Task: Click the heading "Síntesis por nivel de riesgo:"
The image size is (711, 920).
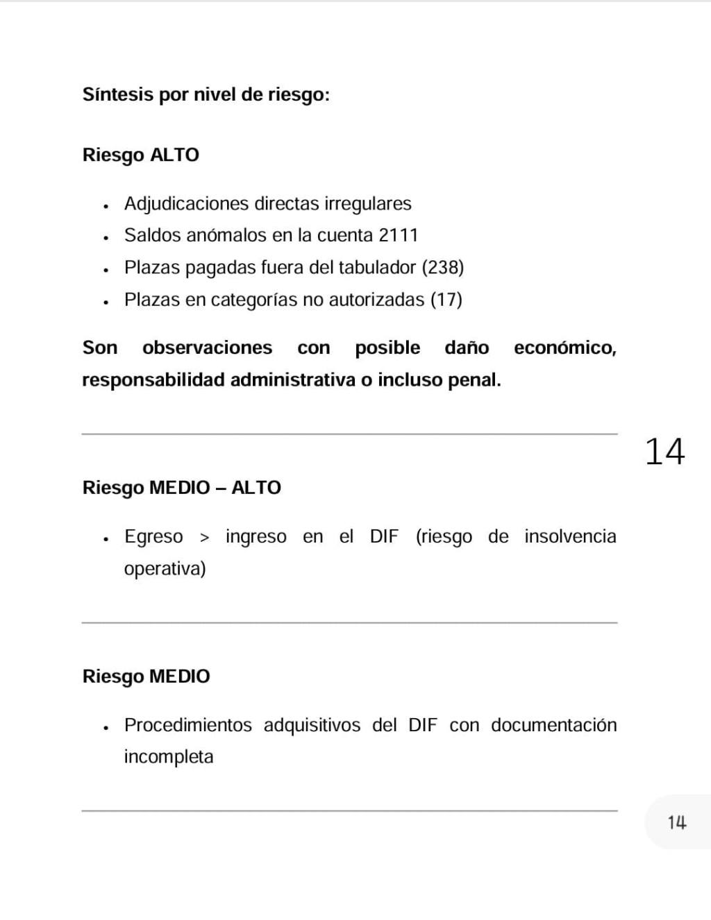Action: (x=206, y=94)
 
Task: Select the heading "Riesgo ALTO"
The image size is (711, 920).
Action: (x=140, y=155)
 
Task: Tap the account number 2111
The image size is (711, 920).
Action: (x=399, y=235)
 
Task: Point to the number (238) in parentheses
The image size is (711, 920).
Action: (x=443, y=267)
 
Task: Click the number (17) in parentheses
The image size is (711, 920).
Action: (x=446, y=300)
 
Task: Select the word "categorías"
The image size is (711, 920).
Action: (x=253, y=300)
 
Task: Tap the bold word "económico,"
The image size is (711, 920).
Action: (x=564, y=348)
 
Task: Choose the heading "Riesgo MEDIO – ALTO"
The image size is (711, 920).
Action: (x=181, y=488)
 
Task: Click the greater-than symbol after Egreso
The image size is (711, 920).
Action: (x=204, y=537)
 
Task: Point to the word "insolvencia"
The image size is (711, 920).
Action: (x=570, y=536)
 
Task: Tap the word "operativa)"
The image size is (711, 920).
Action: (x=165, y=569)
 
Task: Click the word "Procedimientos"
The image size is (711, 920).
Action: (x=187, y=725)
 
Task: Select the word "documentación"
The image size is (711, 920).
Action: (x=553, y=725)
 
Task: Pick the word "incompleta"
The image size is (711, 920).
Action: (x=168, y=756)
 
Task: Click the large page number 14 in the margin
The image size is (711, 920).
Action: (x=664, y=452)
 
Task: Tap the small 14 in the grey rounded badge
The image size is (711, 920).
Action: (x=677, y=823)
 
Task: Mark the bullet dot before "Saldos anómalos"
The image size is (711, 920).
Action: (x=106, y=237)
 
